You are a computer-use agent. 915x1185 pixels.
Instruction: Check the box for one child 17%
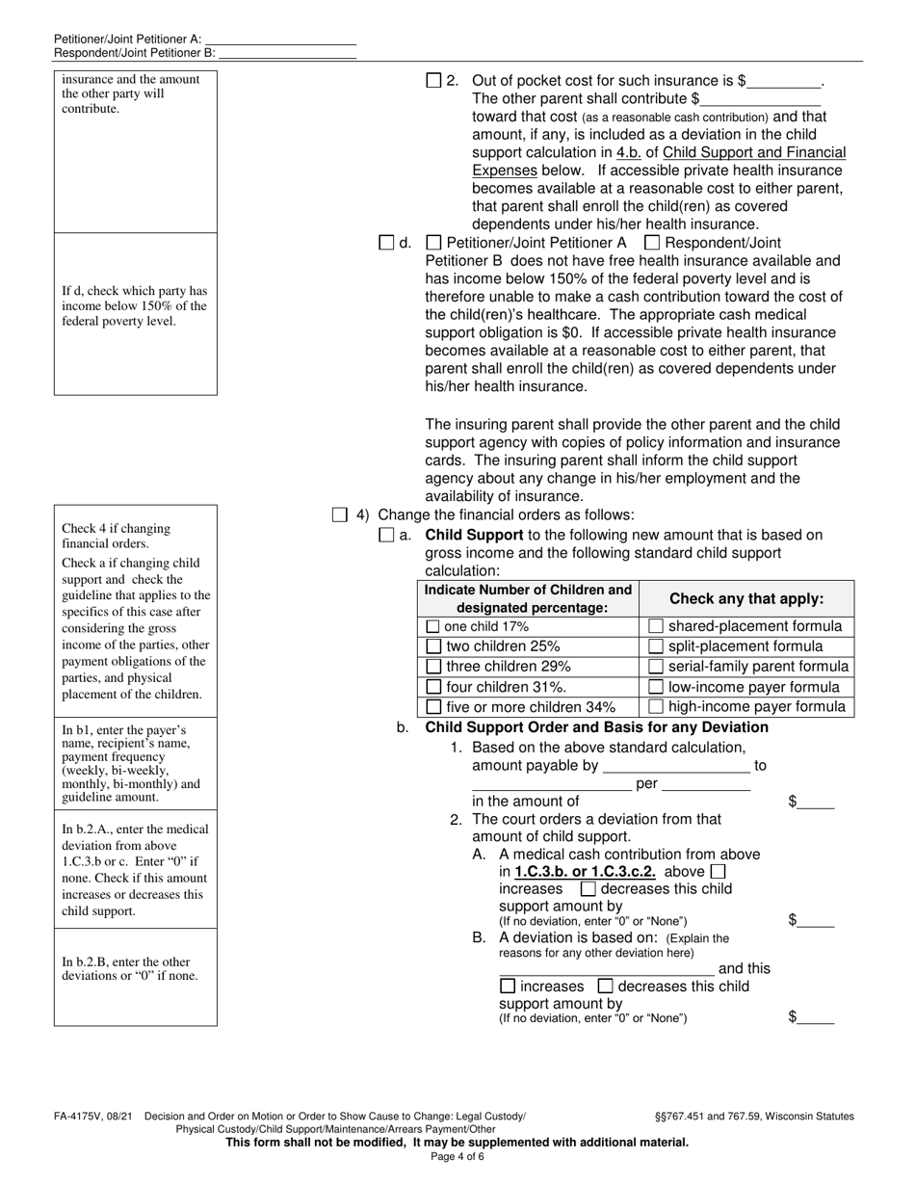[x=432, y=626]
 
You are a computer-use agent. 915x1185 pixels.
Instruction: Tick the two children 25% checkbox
[x=433, y=646]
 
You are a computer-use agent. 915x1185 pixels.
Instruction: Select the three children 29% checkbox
[x=433, y=667]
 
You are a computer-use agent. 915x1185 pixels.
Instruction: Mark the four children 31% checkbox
[x=433, y=687]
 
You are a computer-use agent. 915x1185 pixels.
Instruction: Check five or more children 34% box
[x=433, y=707]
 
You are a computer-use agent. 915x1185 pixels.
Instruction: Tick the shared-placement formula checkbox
[x=656, y=626]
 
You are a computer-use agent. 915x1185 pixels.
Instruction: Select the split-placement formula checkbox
[x=656, y=646]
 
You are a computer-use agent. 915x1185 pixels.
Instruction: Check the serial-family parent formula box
[x=656, y=667]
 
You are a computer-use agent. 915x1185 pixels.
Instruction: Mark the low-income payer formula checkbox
[x=656, y=687]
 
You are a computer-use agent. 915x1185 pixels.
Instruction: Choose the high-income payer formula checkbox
[x=656, y=707]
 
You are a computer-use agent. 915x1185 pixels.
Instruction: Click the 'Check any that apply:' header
[x=746, y=598]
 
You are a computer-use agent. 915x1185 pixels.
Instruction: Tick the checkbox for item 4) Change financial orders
[x=339, y=515]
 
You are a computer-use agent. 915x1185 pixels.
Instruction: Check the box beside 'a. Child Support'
[x=386, y=535]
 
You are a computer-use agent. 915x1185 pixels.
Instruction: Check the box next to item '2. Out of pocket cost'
[x=433, y=81]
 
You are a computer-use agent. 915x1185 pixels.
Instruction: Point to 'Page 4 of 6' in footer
[x=457, y=1156]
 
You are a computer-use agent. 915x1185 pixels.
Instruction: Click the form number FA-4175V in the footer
[x=78, y=1117]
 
